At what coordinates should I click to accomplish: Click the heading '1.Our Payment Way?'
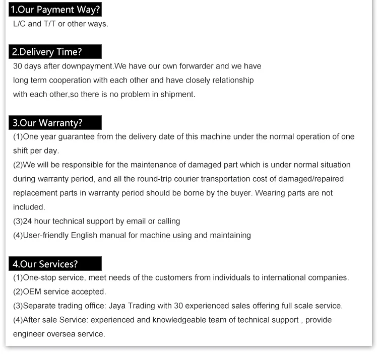[x=55, y=9]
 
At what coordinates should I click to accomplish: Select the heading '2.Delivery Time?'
[x=46, y=52]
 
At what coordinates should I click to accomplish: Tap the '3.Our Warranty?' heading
[x=47, y=123]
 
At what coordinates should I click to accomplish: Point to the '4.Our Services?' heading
[x=45, y=264]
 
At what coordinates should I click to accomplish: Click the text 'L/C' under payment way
[x=19, y=24]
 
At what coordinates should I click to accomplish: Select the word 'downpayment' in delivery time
[x=89, y=66]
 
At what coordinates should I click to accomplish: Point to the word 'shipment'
[x=177, y=94]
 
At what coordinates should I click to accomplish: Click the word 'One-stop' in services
[x=39, y=277]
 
